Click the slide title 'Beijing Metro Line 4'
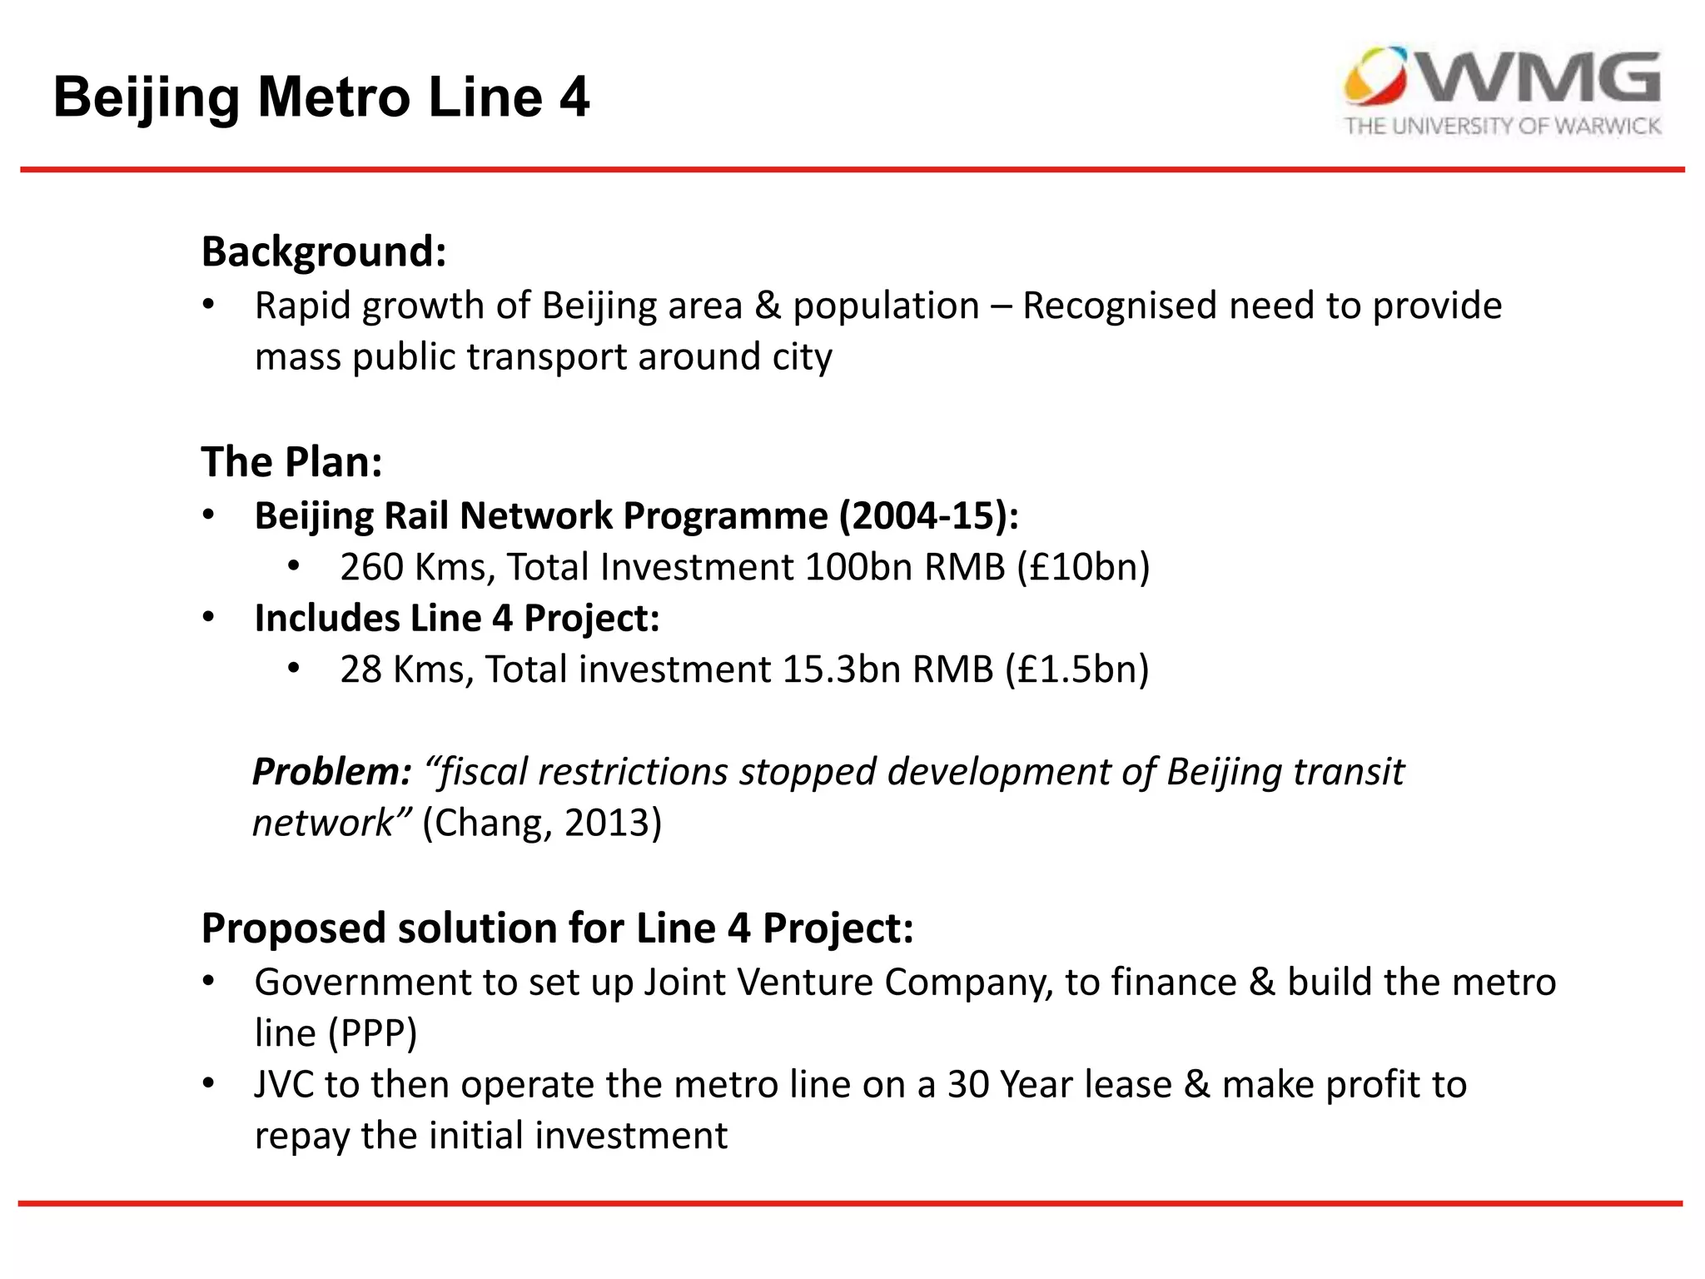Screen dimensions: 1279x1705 (321, 97)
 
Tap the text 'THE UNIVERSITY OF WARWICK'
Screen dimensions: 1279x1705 (1503, 126)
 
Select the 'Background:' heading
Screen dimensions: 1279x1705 (324, 251)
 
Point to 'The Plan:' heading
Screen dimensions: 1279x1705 (291, 462)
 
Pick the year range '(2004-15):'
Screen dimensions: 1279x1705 (928, 515)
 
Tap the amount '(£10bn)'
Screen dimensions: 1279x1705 (1083, 567)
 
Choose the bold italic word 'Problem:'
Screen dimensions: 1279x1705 (331, 772)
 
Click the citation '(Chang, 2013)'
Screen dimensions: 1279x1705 (542, 823)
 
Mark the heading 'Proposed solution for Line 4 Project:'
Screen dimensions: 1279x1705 (557, 928)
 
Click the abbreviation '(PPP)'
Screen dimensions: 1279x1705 (372, 1033)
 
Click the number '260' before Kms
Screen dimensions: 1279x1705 (371, 567)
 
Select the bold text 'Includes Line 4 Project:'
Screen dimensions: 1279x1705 (456, 619)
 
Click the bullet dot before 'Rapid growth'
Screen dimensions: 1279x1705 (208, 304)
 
